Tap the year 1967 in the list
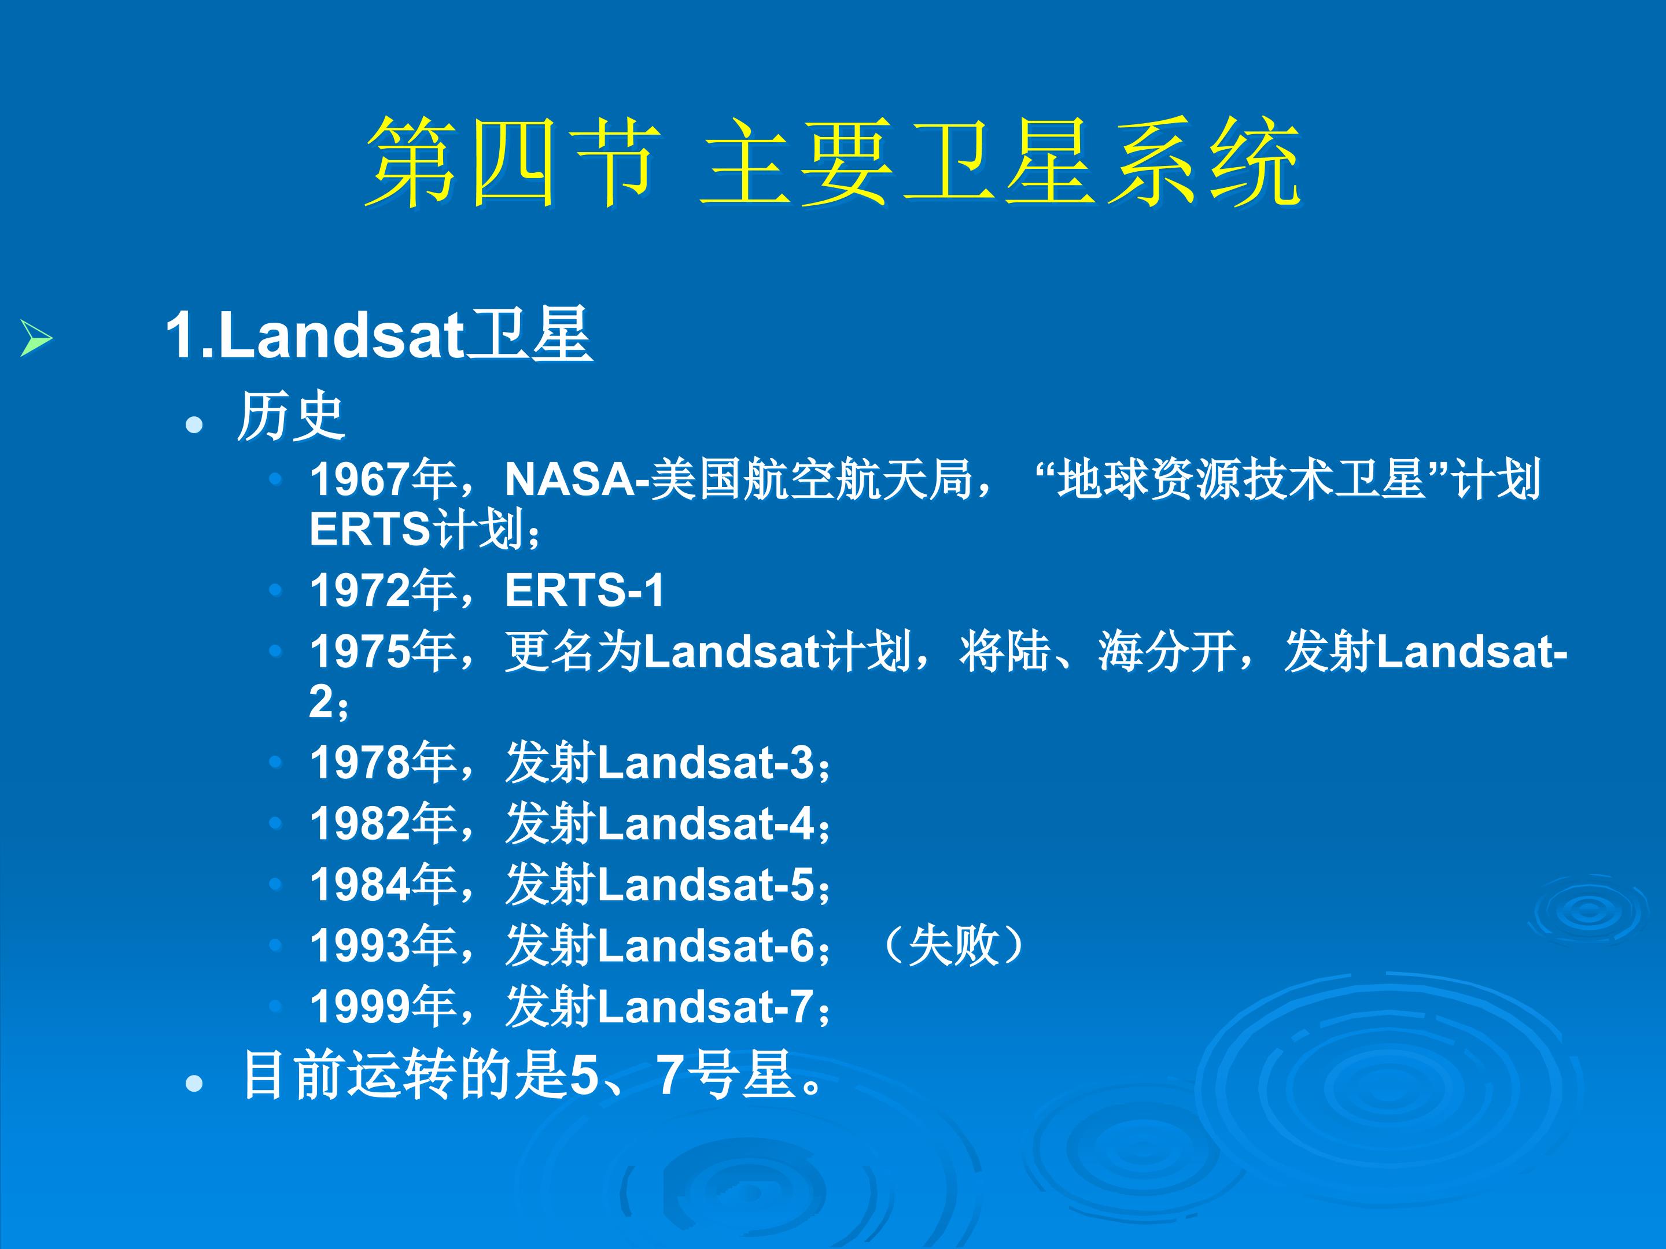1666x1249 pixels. [360, 479]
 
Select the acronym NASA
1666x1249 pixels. [570, 479]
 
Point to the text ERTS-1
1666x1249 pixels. [584, 589]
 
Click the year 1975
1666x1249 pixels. [360, 651]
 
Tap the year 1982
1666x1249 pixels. [360, 823]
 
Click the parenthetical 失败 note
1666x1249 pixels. [953, 945]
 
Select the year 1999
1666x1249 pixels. [360, 1007]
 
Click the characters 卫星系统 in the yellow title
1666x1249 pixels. [1100, 162]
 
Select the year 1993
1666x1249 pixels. [360, 945]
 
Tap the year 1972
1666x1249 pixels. [360, 589]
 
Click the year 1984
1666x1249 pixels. [360, 885]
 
